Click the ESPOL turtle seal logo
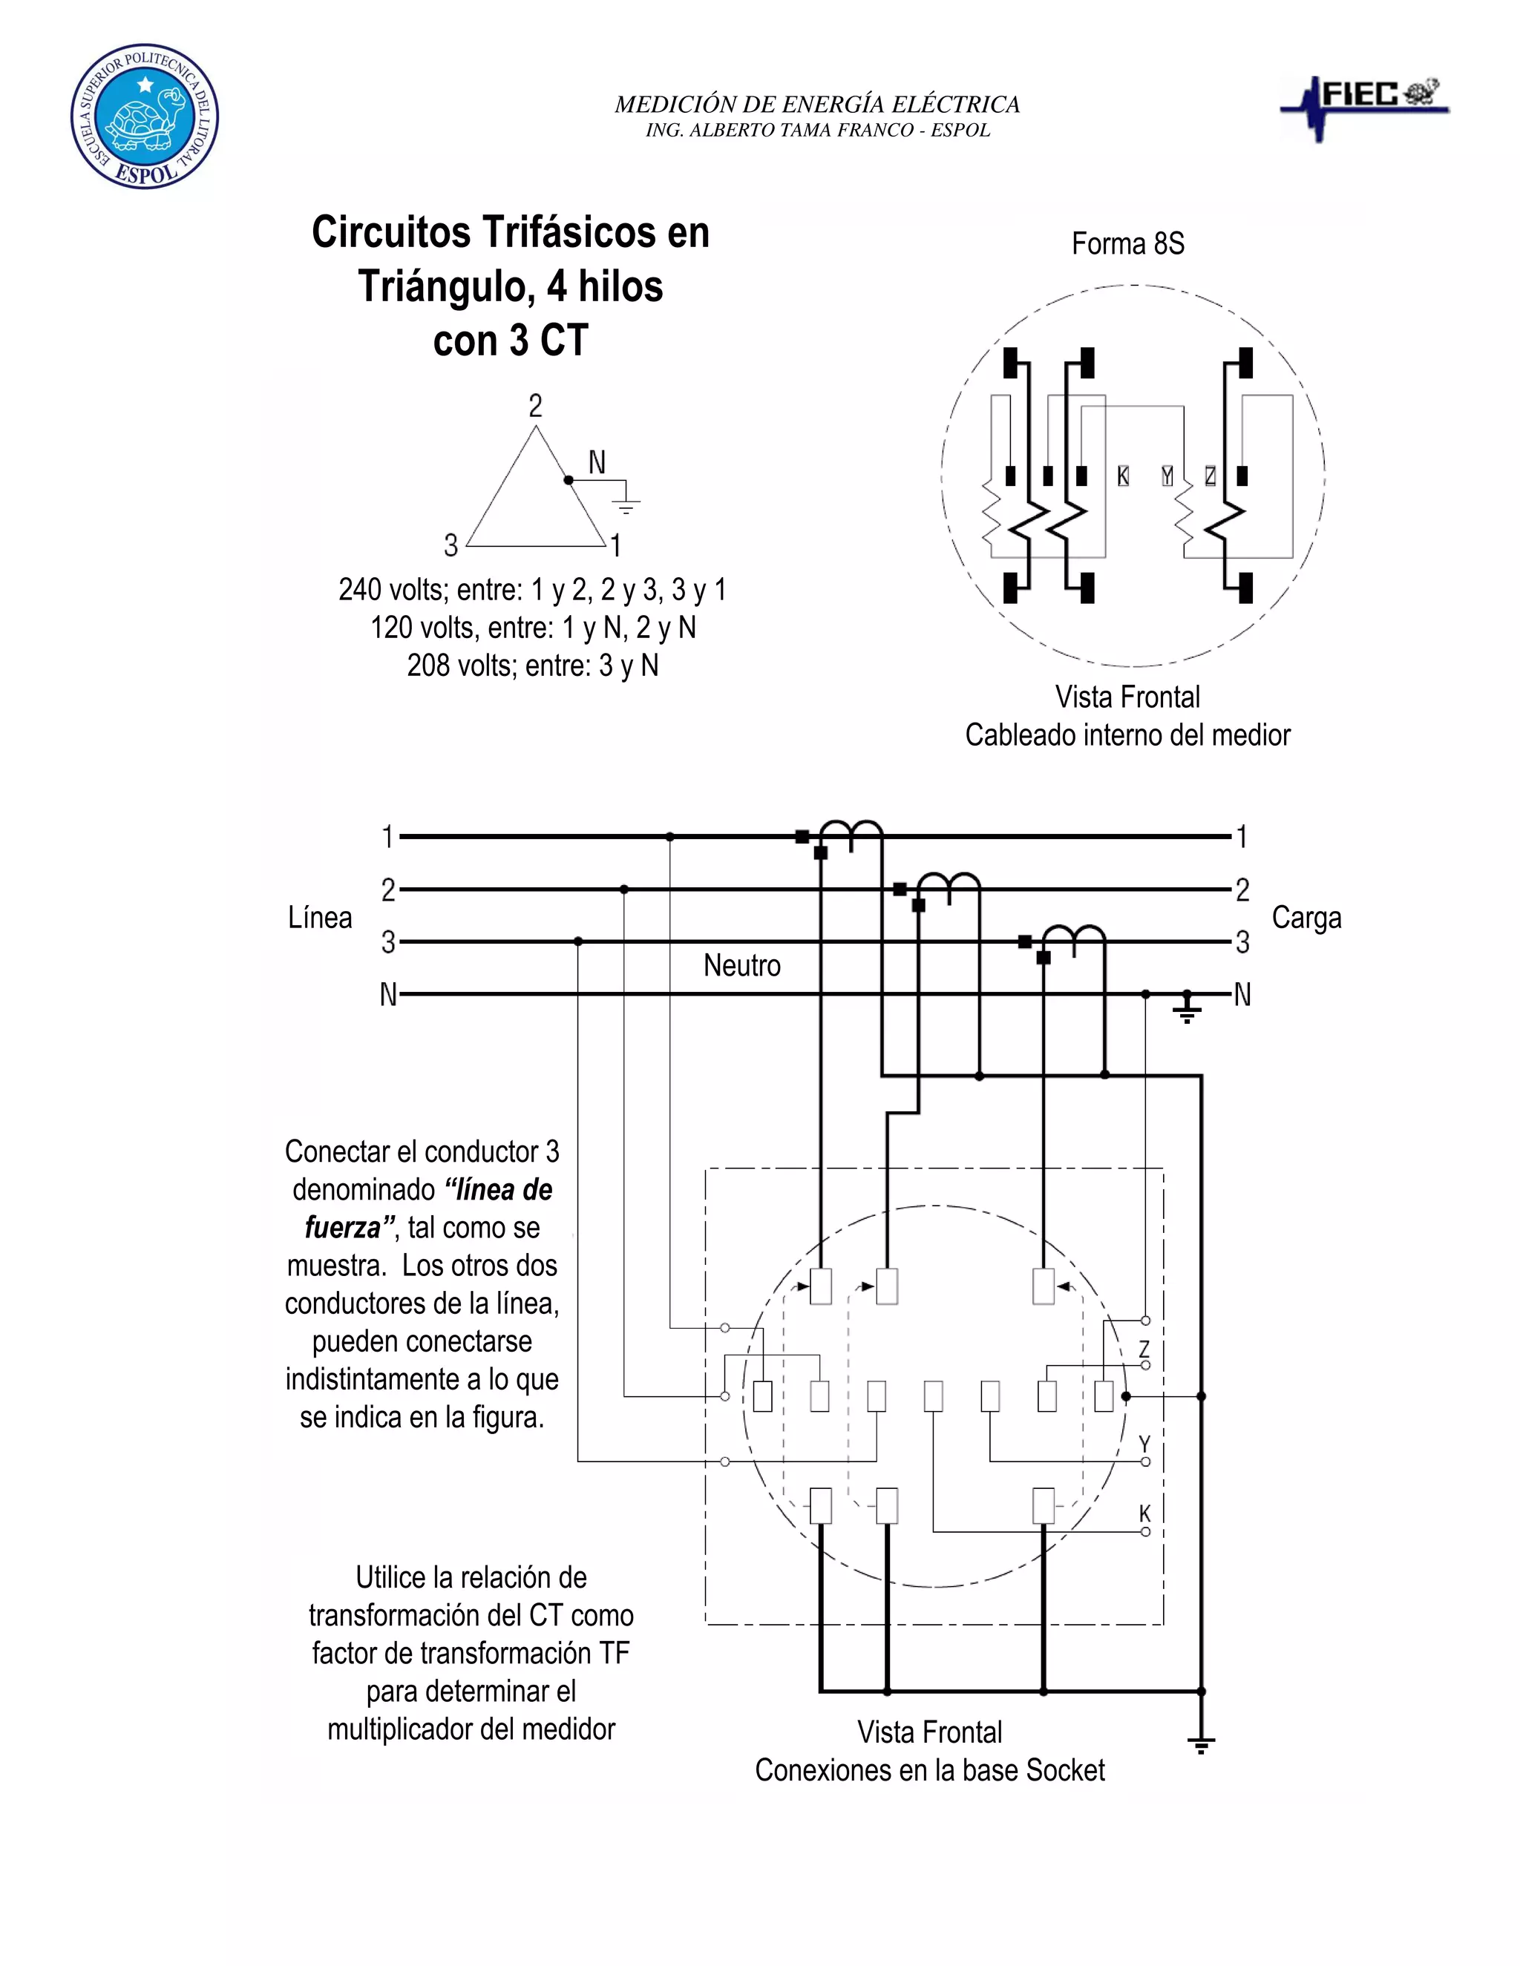click(x=144, y=116)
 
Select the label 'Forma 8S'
click(x=1127, y=244)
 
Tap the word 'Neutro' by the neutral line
click(x=741, y=966)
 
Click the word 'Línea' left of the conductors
click(x=320, y=918)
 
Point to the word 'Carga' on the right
click(x=1306, y=918)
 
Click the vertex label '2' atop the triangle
click(x=536, y=406)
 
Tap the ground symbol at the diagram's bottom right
click(x=1202, y=1745)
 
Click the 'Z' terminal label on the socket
click(x=1144, y=1349)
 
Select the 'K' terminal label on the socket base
click(x=1144, y=1513)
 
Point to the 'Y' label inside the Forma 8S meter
click(x=1167, y=476)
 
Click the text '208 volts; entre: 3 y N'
click(x=532, y=665)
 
